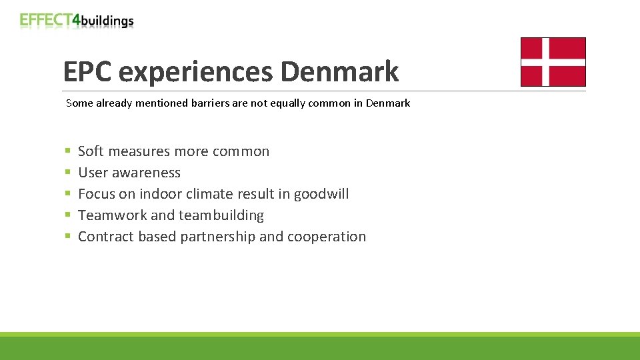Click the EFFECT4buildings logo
(77, 20)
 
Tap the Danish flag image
(553, 62)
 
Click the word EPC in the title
(87, 71)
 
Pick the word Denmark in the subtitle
(388, 103)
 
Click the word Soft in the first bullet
(91, 151)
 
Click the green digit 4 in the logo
(76, 20)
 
